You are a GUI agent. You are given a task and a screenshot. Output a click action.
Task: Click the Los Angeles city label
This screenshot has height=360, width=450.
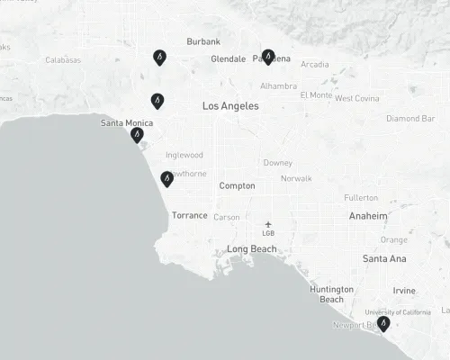[230, 106]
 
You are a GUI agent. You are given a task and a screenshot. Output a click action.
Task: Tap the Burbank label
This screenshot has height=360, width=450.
[203, 41]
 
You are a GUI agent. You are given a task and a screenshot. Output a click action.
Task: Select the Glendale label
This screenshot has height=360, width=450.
[228, 59]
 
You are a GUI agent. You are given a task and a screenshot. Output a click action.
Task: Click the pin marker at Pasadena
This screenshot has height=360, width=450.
[267, 57]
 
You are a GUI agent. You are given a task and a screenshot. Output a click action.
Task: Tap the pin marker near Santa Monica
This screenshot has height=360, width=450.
[137, 135]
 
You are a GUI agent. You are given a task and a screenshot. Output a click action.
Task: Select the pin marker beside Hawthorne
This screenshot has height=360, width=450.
[166, 178]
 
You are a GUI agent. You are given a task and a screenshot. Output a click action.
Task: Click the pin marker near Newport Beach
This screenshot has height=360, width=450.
[383, 323]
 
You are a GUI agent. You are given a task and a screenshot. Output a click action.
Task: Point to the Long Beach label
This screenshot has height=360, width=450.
[252, 249]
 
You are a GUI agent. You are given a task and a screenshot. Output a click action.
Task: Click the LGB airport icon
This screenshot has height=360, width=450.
[268, 224]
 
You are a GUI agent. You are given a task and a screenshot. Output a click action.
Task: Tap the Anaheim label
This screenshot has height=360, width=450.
[369, 216]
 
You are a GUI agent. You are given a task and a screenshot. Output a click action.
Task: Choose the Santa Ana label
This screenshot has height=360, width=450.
[384, 259]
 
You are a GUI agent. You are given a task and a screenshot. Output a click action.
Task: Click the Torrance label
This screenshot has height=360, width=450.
[190, 216]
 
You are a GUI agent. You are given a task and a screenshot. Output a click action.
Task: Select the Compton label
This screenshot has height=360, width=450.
[238, 186]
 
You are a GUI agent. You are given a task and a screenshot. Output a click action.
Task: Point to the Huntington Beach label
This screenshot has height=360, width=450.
[331, 293]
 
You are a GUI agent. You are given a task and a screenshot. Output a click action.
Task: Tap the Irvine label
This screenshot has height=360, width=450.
[404, 291]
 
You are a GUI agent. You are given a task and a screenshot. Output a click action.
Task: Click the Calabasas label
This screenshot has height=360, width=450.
[63, 60]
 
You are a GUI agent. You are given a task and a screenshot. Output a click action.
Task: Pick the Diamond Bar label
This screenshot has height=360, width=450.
[410, 119]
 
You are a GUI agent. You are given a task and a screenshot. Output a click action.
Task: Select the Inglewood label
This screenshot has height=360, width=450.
[184, 155]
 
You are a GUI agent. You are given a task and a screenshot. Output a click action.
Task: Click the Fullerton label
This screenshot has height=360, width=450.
[361, 197]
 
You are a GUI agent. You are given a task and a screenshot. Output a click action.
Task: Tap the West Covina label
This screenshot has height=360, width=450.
[356, 98]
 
